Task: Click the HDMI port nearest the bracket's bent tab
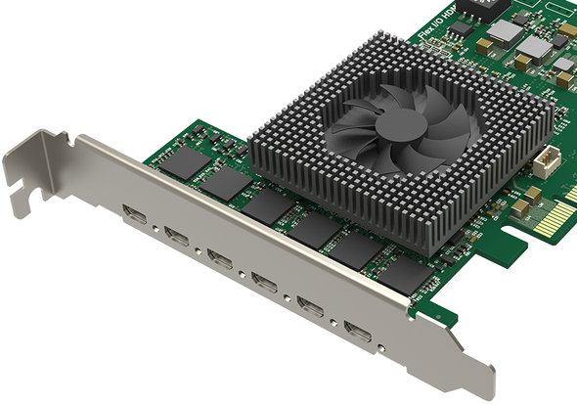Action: (x=134, y=214)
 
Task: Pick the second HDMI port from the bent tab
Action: (x=178, y=238)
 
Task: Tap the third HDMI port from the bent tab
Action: (x=221, y=261)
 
